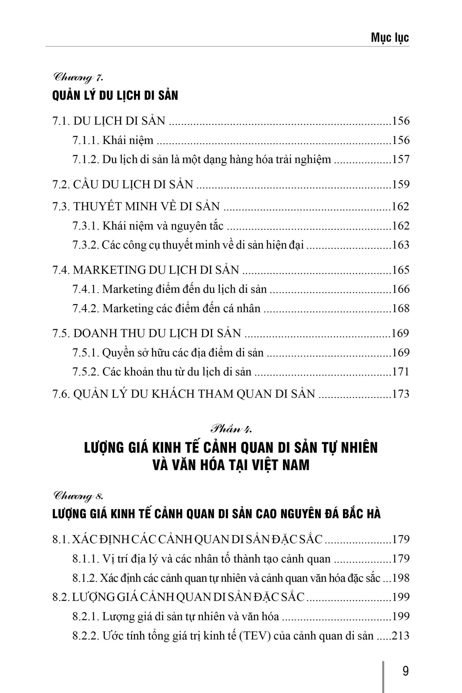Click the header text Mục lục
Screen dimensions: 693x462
(389, 38)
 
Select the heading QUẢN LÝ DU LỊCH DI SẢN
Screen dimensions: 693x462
(115, 96)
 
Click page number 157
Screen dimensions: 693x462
(401, 159)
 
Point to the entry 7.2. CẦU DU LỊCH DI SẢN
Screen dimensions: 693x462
(123, 184)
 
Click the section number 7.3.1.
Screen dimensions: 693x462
(86, 226)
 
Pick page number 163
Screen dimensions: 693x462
(401, 245)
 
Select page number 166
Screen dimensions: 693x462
(401, 289)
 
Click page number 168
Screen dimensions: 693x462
(401, 309)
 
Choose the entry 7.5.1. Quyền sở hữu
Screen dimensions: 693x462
(168, 353)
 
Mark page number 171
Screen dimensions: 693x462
(401, 372)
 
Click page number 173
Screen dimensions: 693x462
(401, 394)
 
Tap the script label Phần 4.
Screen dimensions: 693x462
(231, 429)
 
